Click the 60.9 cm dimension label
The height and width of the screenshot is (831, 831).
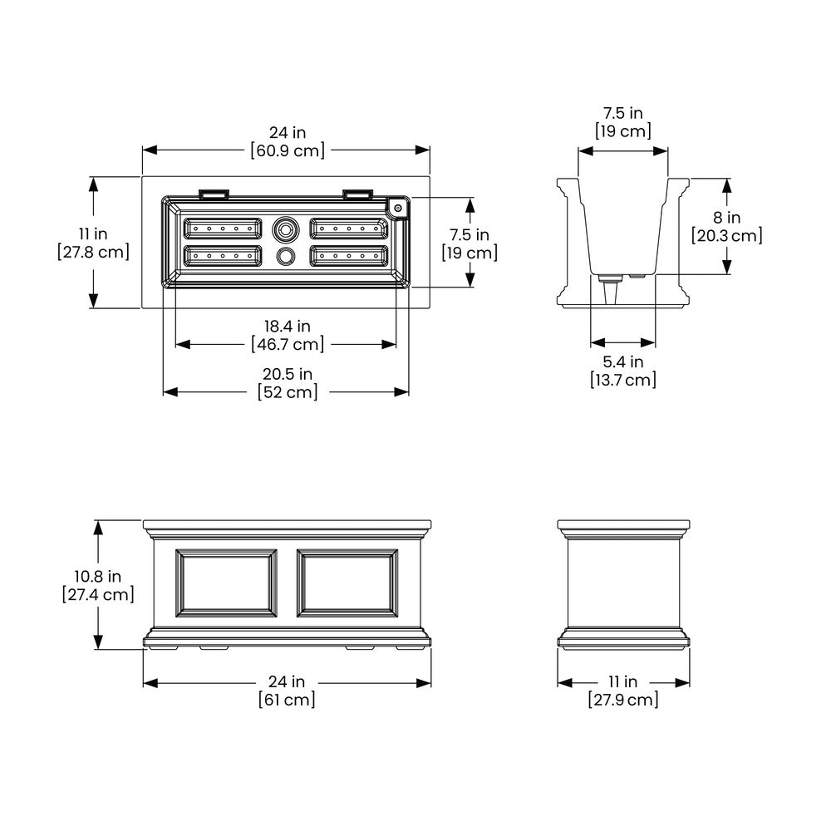288,150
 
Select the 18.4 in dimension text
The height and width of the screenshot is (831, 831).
288,326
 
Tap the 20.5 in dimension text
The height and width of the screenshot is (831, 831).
288,374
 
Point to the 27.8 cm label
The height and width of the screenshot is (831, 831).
93,252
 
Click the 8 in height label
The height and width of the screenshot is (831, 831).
726,217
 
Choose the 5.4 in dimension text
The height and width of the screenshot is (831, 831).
622,361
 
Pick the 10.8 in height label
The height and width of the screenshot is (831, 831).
97,576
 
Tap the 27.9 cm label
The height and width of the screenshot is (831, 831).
623,700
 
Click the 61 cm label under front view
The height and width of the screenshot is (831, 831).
287,700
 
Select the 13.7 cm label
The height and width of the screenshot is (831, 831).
623,380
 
